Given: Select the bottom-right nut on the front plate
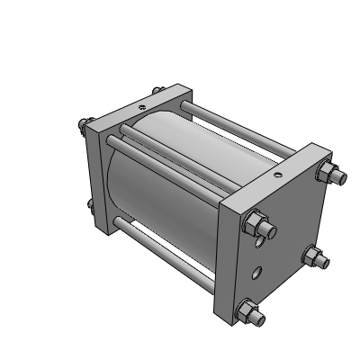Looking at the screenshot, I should tap(315, 260).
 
